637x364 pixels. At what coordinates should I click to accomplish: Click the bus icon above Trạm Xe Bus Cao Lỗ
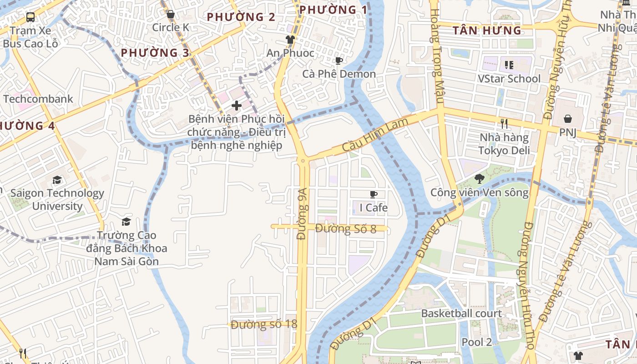tap(30, 18)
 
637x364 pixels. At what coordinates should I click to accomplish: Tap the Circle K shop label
tap(171, 27)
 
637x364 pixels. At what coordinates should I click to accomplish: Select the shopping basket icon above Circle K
tap(171, 15)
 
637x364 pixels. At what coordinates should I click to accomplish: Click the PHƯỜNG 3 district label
tap(155, 53)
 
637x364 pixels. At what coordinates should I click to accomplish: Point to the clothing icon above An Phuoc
tap(290, 40)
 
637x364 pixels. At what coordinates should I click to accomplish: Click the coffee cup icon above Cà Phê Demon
tap(339, 61)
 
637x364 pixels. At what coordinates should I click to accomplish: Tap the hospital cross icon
tap(237, 106)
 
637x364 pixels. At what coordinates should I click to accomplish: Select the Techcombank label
tap(38, 99)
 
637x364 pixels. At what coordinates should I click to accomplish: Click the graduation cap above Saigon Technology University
tap(57, 180)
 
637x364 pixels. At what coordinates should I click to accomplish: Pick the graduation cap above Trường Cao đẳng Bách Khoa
tap(126, 222)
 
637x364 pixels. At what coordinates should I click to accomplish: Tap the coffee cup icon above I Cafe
tap(374, 195)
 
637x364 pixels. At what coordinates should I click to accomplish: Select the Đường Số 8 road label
tap(345, 228)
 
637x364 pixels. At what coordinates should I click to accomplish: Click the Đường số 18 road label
tap(263, 324)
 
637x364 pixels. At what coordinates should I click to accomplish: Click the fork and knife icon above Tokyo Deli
tap(504, 124)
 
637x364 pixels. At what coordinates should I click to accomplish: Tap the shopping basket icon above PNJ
tap(568, 119)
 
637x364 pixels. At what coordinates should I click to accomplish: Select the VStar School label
tap(509, 79)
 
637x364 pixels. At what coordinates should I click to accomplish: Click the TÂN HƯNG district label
tap(487, 31)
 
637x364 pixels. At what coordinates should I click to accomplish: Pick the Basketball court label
tap(461, 313)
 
